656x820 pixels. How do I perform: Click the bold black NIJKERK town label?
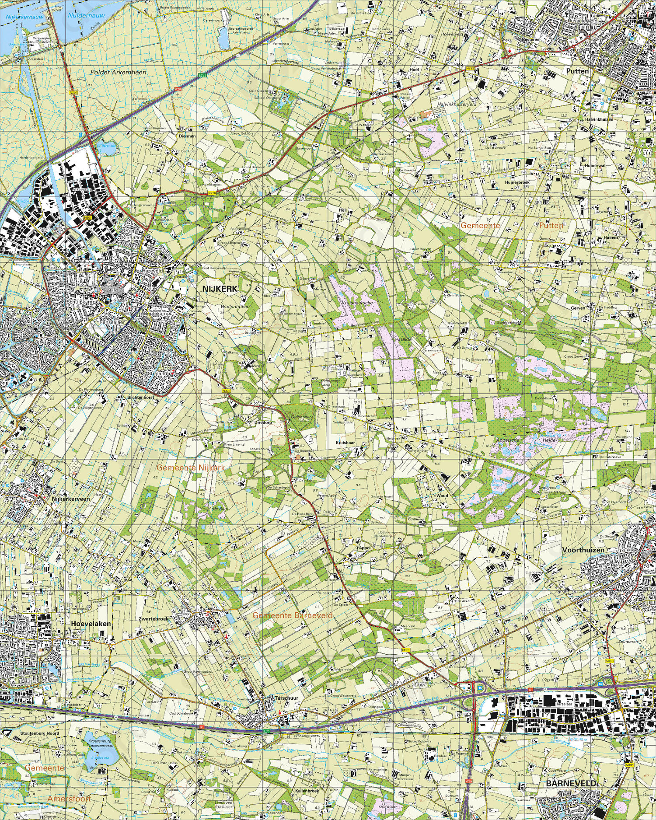(220, 289)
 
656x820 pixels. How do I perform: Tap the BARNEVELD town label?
(571, 783)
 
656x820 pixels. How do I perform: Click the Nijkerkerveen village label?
(70, 499)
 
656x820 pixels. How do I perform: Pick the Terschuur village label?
(286, 698)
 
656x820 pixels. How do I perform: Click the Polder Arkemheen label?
(118, 72)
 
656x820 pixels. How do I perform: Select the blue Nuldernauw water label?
(87, 15)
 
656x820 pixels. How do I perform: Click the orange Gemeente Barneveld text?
(293, 615)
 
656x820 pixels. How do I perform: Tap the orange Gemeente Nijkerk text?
(191, 468)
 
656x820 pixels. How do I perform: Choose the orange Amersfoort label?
(69, 799)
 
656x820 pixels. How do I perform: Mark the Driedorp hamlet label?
(263, 422)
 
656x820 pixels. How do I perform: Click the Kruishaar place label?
(345, 443)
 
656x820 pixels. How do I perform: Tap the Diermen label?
(187, 136)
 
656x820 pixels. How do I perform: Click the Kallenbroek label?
(307, 791)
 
